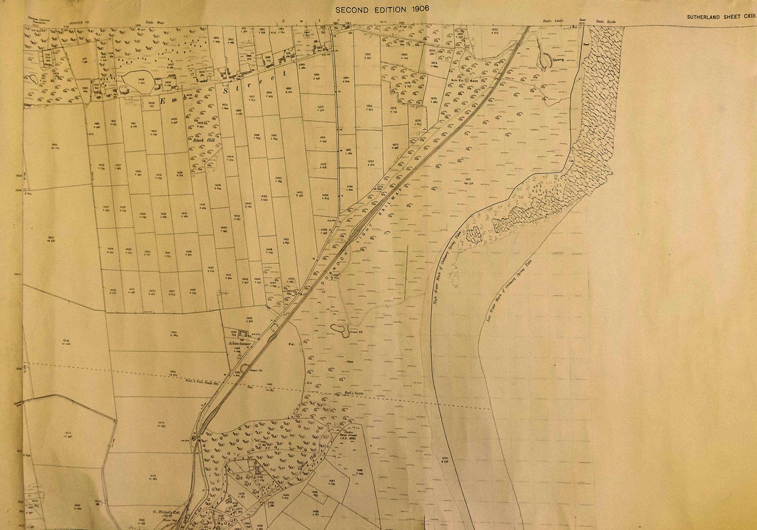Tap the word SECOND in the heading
click(356, 10)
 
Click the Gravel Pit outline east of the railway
click(342, 328)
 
